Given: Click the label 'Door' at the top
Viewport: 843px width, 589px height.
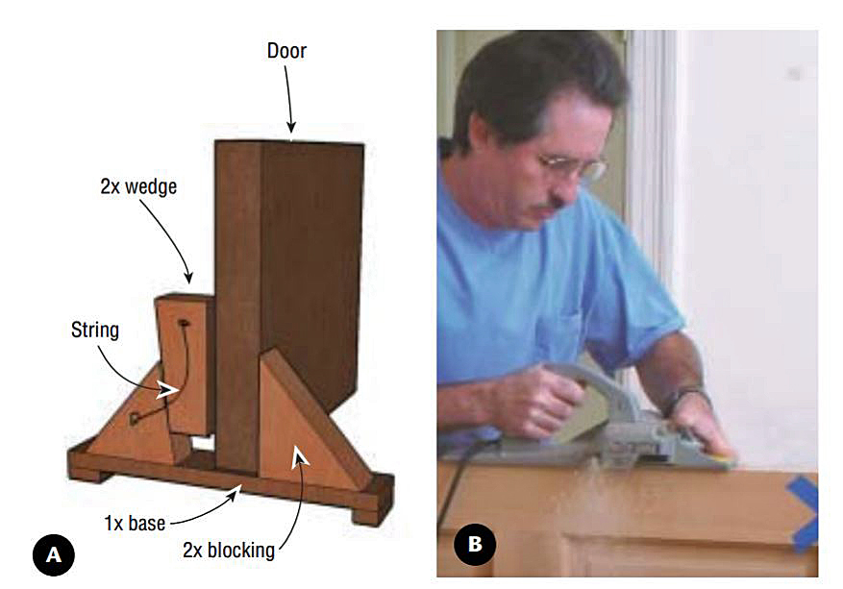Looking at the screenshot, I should pos(286,50).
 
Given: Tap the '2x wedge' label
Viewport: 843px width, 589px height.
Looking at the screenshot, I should pos(138,188).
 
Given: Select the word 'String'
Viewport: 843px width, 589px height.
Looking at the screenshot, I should pos(94,331).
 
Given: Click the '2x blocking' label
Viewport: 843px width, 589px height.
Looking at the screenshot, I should pos(228,551).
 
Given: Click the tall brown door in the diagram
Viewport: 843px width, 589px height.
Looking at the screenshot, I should pos(288,288).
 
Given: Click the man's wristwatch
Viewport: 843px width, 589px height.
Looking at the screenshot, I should pos(685,396).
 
